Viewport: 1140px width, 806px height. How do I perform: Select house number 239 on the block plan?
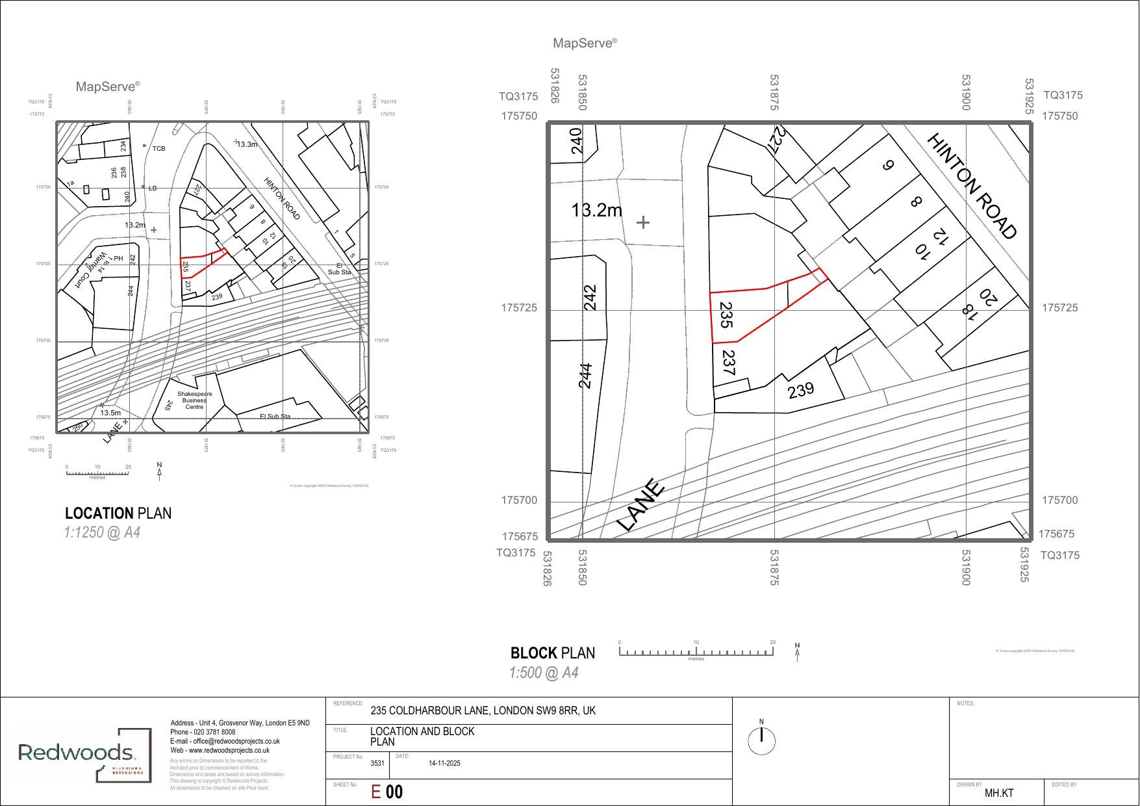(800, 390)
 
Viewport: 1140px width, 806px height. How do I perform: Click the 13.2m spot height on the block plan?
(596, 211)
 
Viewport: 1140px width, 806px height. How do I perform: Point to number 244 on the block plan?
(585, 376)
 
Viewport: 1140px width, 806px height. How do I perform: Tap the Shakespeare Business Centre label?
(194, 400)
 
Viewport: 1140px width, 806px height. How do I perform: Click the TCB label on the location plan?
(158, 149)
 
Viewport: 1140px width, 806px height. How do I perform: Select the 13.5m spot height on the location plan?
(110, 413)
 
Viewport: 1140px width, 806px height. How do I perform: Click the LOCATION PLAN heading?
(118, 513)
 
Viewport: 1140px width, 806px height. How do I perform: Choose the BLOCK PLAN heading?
(552, 653)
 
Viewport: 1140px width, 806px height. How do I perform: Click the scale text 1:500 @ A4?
(543, 673)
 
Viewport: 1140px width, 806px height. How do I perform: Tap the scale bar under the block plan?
(696, 652)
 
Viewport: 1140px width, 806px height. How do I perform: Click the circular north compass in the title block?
(761, 740)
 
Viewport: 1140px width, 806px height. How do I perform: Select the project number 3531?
(377, 763)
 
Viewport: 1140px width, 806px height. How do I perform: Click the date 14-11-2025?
(444, 763)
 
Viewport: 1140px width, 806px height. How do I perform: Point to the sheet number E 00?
(386, 792)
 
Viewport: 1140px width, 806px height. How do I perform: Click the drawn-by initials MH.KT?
(998, 793)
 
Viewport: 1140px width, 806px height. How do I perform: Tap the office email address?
(225, 741)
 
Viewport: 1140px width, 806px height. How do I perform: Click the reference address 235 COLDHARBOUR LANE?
(483, 710)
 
